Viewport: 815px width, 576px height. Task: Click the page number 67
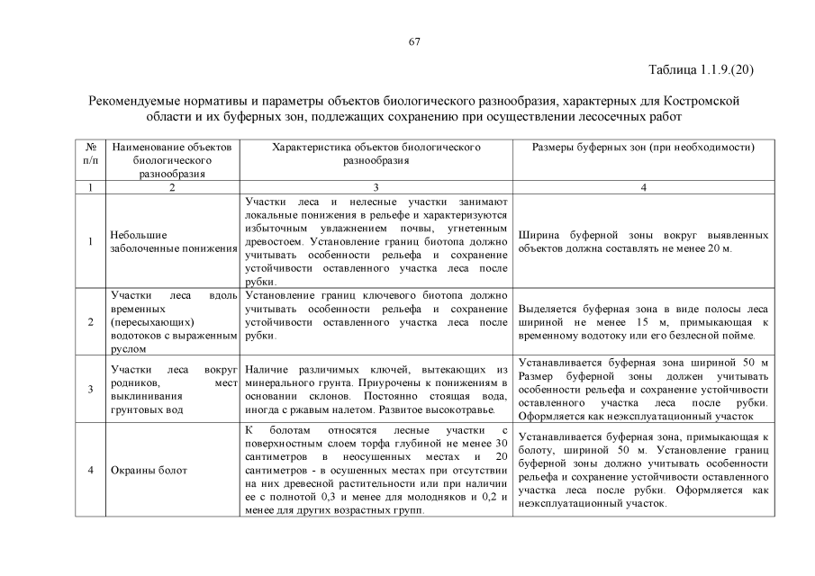tap(415, 41)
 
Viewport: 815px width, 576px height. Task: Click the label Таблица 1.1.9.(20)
tap(700, 68)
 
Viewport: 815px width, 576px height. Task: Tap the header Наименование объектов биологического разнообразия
tap(170, 160)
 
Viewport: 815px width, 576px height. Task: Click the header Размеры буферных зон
tap(643, 148)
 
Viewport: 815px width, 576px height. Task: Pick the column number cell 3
tap(376, 187)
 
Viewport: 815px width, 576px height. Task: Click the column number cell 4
tap(643, 187)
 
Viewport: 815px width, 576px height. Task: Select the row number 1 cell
tap(90, 241)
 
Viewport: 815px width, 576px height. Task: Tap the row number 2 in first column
tap(90, 321)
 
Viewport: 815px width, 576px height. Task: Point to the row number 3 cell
tap(90, 390)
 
